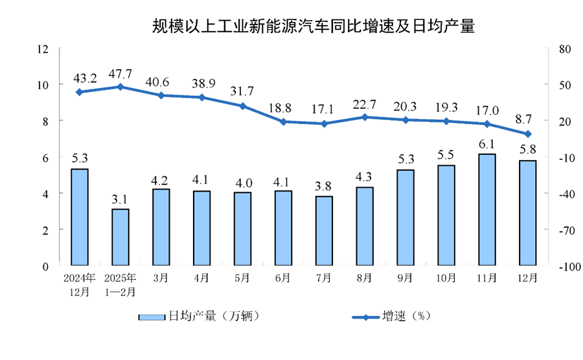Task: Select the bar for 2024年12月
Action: (x=79, y=217)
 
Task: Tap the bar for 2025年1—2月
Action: (x=120, y=237)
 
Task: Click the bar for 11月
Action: (x=486, y=209)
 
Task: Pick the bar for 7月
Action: (x=323, y=231)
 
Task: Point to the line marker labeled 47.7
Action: (x=120, y=87)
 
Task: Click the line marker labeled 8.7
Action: (x=527, y=134)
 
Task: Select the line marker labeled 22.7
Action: (x=365, y=117)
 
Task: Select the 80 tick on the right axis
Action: (x=562, y=49)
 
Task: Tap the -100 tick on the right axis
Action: (x=565, y=266)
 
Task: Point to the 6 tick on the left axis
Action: (x=46, y=157)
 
